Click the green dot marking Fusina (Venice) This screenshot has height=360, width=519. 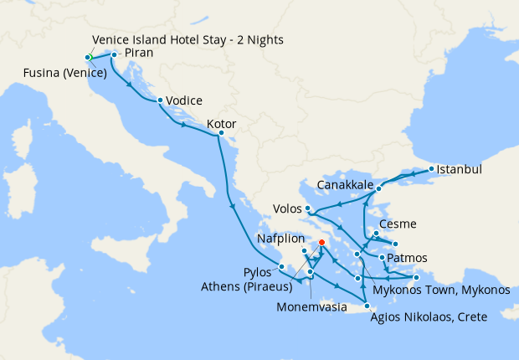point(88,57)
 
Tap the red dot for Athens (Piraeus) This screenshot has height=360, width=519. point(321,244)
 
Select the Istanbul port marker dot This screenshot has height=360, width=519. point(431,169)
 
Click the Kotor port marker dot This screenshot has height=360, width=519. point(221,133)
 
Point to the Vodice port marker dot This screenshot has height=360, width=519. point(160,100)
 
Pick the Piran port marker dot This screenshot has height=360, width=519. point(114,54)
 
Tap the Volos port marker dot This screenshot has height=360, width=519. point(308,208)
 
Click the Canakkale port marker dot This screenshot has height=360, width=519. point(379,188)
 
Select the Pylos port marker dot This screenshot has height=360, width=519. point(282,267)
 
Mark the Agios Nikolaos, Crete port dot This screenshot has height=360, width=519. point(367,306)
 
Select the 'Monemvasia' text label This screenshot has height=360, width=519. point(309,307)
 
